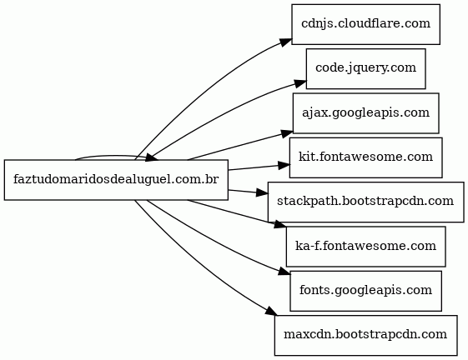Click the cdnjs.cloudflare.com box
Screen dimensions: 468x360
tap(365, 24)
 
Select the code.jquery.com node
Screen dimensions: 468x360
tap(365, 69)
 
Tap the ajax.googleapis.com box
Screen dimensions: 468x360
tap(365, 113)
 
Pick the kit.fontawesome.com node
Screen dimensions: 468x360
tap(365, 157)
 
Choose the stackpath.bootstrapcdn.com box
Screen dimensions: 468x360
tap(365, 202)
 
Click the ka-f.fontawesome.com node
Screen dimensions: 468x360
tap(365, 247)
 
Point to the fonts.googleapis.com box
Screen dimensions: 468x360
tap(365, 291)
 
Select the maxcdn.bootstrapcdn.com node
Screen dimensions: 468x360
tap(365, 335)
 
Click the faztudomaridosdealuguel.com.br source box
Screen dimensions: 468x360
tap(116, 180)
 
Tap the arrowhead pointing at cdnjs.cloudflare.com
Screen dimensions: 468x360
tap(286, 42)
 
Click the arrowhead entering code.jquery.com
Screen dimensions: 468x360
tap(300, 83)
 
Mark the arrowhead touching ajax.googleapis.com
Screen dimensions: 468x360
tap(287, 133)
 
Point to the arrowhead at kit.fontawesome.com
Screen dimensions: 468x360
tap(284, 165)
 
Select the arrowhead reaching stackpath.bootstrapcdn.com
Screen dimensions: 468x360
tap(262, 192)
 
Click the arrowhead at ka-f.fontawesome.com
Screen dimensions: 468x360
tap(280, 225)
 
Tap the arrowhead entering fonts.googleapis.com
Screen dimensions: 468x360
tap(284, 272)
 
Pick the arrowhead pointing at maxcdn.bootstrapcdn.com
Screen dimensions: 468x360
tap(271, 311)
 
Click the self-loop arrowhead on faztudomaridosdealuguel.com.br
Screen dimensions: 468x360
tap(152, 157)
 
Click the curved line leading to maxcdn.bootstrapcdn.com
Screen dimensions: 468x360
tap(195, 262)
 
